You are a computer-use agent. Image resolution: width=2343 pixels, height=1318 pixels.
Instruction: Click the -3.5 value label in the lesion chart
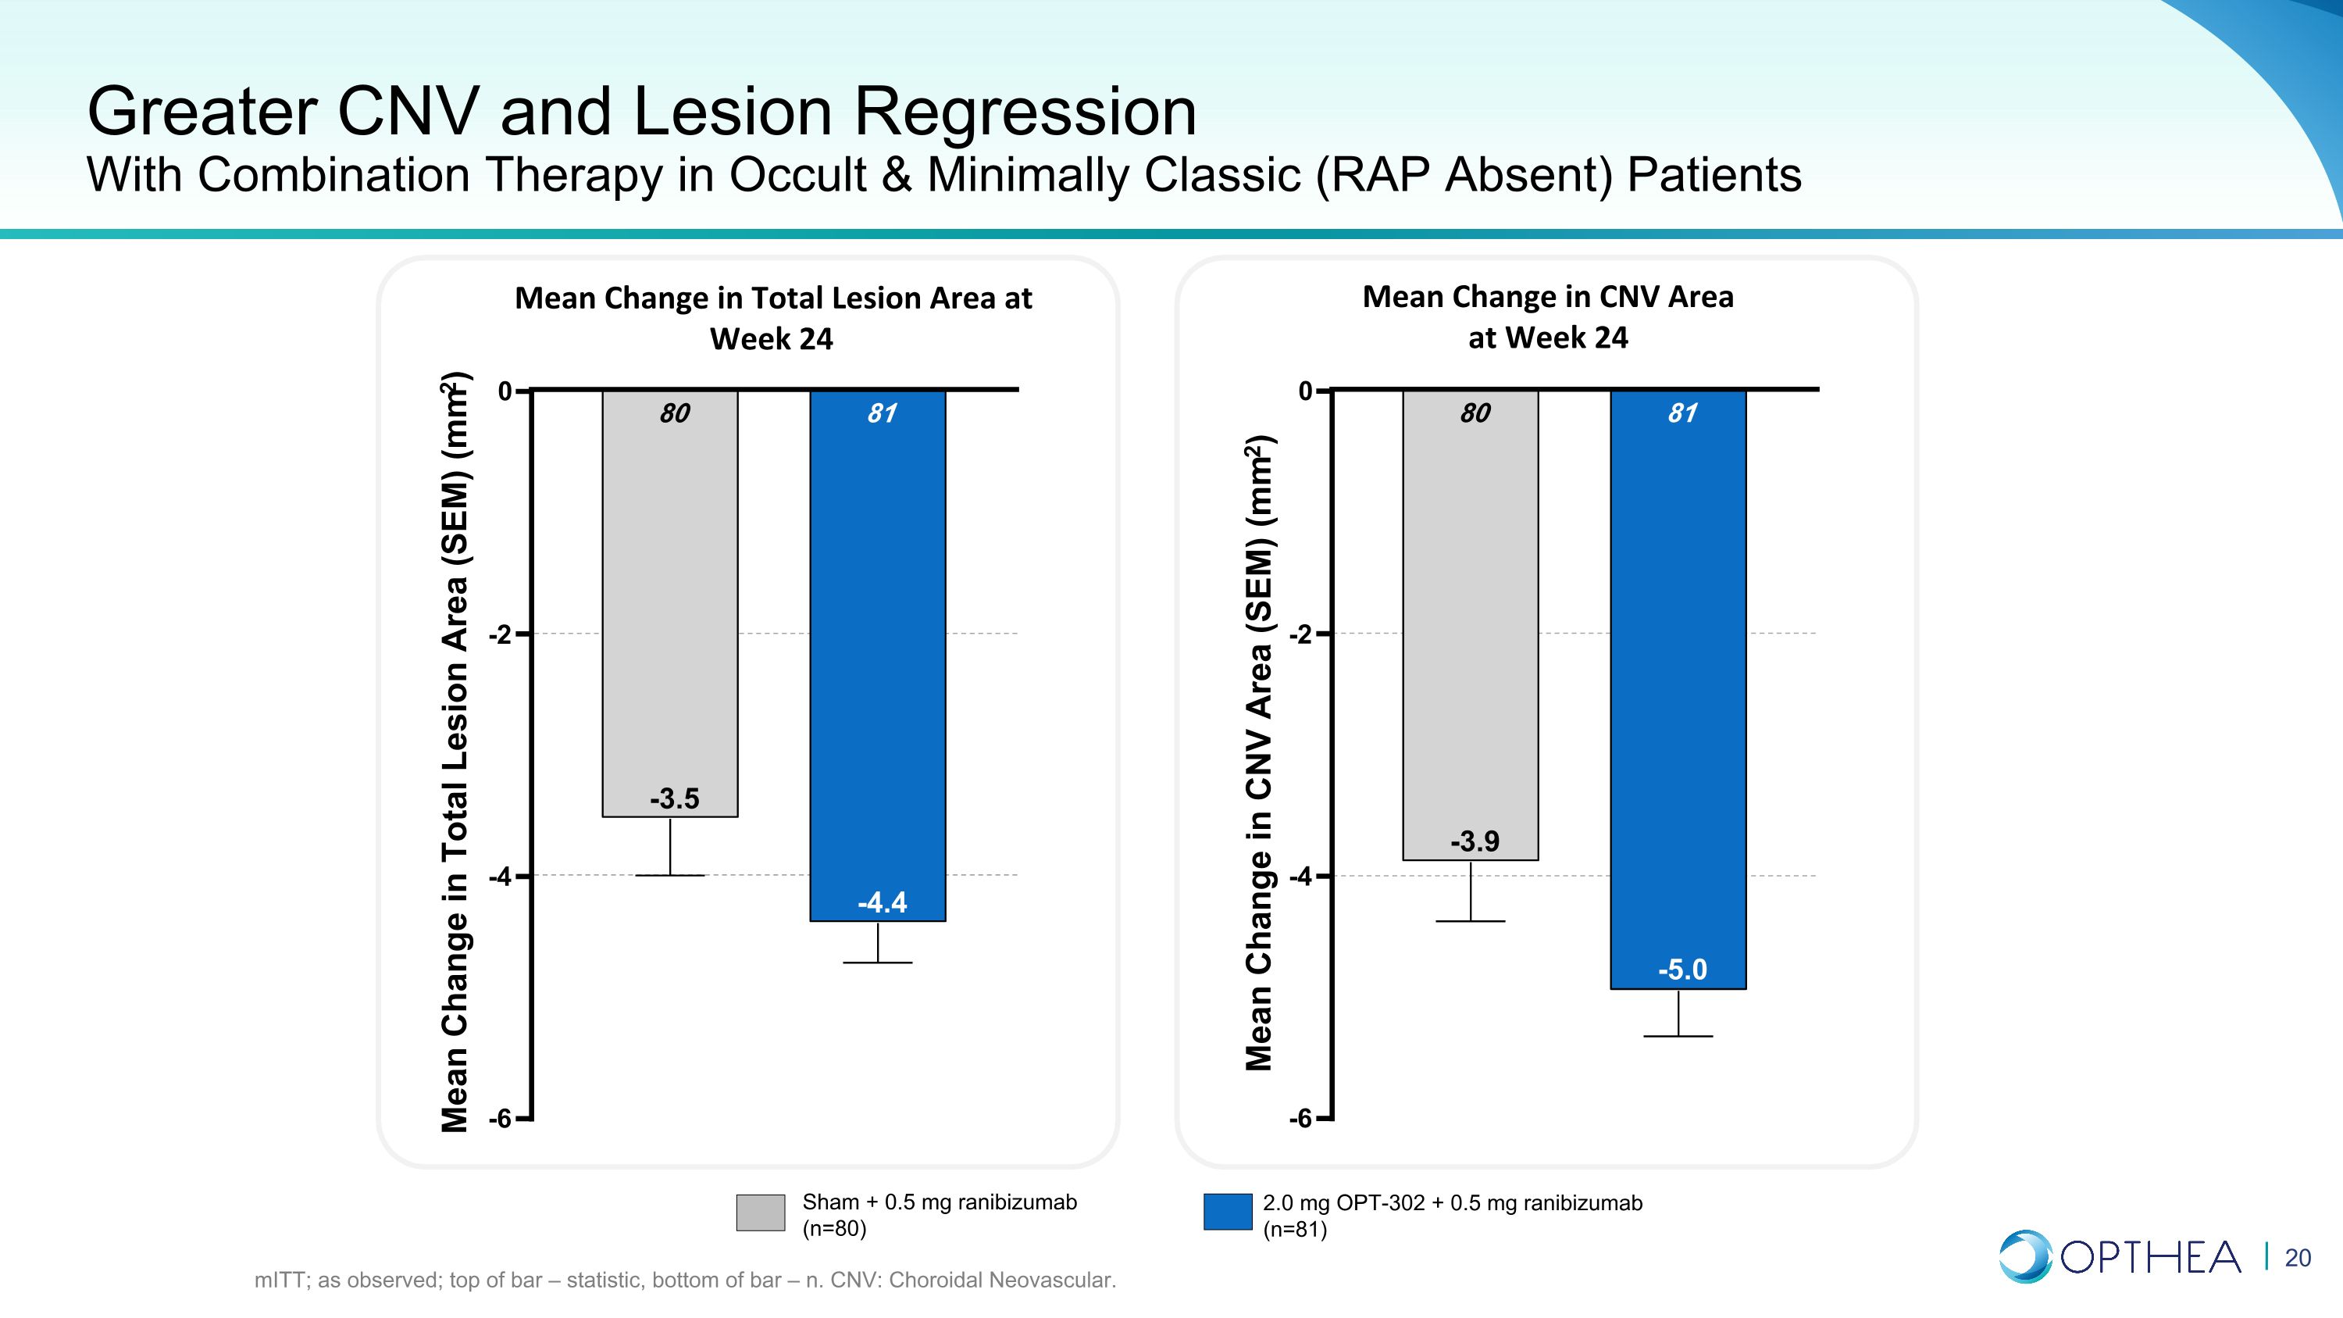[674, 798]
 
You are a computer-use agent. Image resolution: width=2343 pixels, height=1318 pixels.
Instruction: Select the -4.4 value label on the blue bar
[881, 902]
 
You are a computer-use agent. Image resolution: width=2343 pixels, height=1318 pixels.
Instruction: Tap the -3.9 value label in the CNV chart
[1475, 841]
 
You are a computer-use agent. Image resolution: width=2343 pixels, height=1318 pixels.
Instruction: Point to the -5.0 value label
[1681, 970]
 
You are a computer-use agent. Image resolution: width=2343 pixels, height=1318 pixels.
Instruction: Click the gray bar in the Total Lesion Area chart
[670, 603]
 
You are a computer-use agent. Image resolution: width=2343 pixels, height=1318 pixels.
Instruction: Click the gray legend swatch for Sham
[761, 1213]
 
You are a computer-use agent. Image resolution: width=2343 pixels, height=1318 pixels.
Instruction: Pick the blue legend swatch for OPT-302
[1227, 1213]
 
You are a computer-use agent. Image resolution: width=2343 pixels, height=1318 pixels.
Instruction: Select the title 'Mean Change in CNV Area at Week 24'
[1548, 316]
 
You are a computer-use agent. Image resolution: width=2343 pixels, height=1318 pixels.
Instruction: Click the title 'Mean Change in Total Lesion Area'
[773, 298]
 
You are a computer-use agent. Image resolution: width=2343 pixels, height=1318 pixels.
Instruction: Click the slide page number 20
[2298, 1258]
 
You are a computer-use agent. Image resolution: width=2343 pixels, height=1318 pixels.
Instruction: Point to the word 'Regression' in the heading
[1024, 112]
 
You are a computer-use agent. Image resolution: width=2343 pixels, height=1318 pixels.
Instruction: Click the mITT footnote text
[685, 1280]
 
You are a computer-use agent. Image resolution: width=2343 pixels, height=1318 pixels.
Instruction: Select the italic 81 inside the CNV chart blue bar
[1681, 413]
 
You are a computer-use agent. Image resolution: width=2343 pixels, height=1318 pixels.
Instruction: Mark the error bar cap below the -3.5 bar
[670, 875]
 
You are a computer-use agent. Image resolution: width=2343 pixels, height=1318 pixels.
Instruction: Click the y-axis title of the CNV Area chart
[1260, 753]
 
